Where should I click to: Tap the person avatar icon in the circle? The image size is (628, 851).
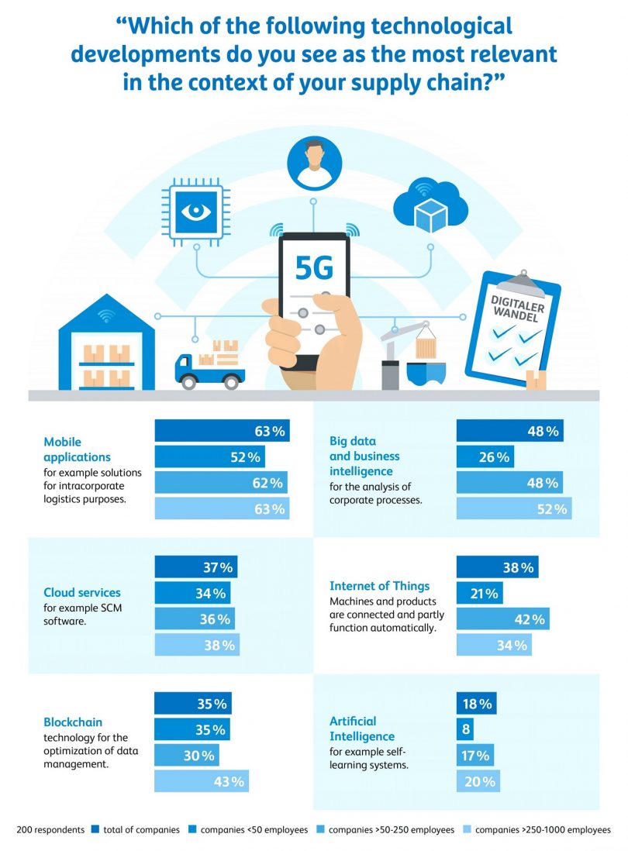coord(314,164)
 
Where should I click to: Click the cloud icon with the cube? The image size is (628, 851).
coord(430,207)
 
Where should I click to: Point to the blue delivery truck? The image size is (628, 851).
coord(209,369)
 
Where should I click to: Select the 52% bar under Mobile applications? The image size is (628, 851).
coord(209,457)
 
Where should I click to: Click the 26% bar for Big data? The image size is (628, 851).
coord(485,457)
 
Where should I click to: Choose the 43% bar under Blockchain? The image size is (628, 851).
coord(202,781)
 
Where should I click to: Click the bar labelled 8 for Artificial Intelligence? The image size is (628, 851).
coord(465,729)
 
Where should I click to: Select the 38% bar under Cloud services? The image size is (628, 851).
coord(198,645)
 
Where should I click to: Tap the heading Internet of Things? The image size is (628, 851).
coord(379,586)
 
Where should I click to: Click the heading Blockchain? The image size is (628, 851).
coord(73,722)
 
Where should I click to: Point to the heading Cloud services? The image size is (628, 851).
coord(82,593)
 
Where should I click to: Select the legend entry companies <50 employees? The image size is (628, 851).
coord(249,830)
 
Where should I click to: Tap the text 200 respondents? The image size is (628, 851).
coord(50,830)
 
